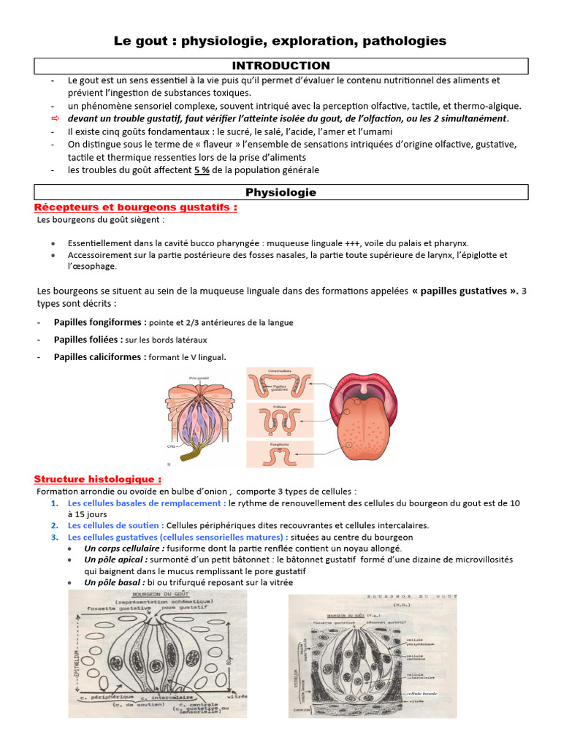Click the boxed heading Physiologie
point(280,192)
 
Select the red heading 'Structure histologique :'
point(98,479)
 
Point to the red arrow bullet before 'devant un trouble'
point(55,118)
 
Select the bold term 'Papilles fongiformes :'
point(100,322)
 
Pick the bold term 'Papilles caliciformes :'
point(100,357)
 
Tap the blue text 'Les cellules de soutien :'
point(115,525)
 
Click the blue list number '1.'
point(56,503)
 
